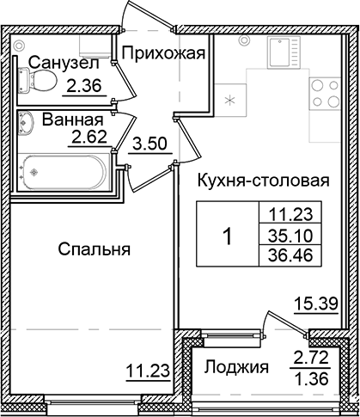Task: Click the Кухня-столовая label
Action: pyautogui.click(x=264, y=181)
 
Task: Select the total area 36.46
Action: pyautogui.click(x=284, y=255)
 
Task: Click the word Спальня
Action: pyautogui.click(x=95, y=250)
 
